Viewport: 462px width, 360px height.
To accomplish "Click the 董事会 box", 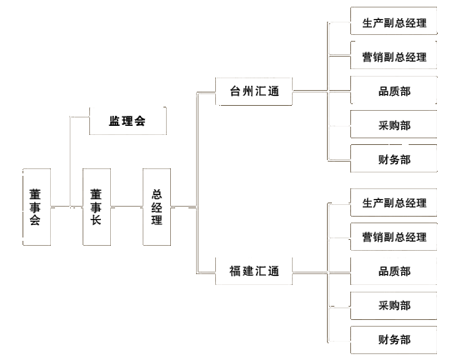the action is click(37, 207).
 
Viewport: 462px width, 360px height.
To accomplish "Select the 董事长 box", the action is click(97, 207).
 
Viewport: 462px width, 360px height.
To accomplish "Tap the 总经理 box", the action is click(157, 207).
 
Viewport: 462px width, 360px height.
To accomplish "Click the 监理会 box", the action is click(128, 121).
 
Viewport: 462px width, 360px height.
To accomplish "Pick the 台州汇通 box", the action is click(254, 92).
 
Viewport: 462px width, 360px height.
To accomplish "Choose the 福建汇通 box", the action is click(254, 271).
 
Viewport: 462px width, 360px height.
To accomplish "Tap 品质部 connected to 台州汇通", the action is click(394, 90).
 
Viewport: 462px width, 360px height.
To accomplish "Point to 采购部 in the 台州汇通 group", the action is click(394, 124).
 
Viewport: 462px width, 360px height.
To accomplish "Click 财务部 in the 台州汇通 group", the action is click(394, 158).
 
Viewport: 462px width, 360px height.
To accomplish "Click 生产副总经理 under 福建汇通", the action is click(394, 202).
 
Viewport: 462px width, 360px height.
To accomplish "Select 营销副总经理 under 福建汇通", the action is click(394, 237).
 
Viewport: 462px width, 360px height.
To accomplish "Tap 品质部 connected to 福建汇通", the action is click(394, 271).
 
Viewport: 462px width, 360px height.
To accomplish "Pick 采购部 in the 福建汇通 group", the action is click(394, 306).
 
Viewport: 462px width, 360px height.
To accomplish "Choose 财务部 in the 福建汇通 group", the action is click(394, 340).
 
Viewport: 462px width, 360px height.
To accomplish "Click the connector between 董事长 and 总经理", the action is click(127, 207).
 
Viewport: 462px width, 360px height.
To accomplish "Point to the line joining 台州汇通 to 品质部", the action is click(321, 91).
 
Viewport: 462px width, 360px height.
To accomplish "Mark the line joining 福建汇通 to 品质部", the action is click(321, 272).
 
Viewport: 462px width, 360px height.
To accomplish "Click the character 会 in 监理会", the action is click(140, 121).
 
